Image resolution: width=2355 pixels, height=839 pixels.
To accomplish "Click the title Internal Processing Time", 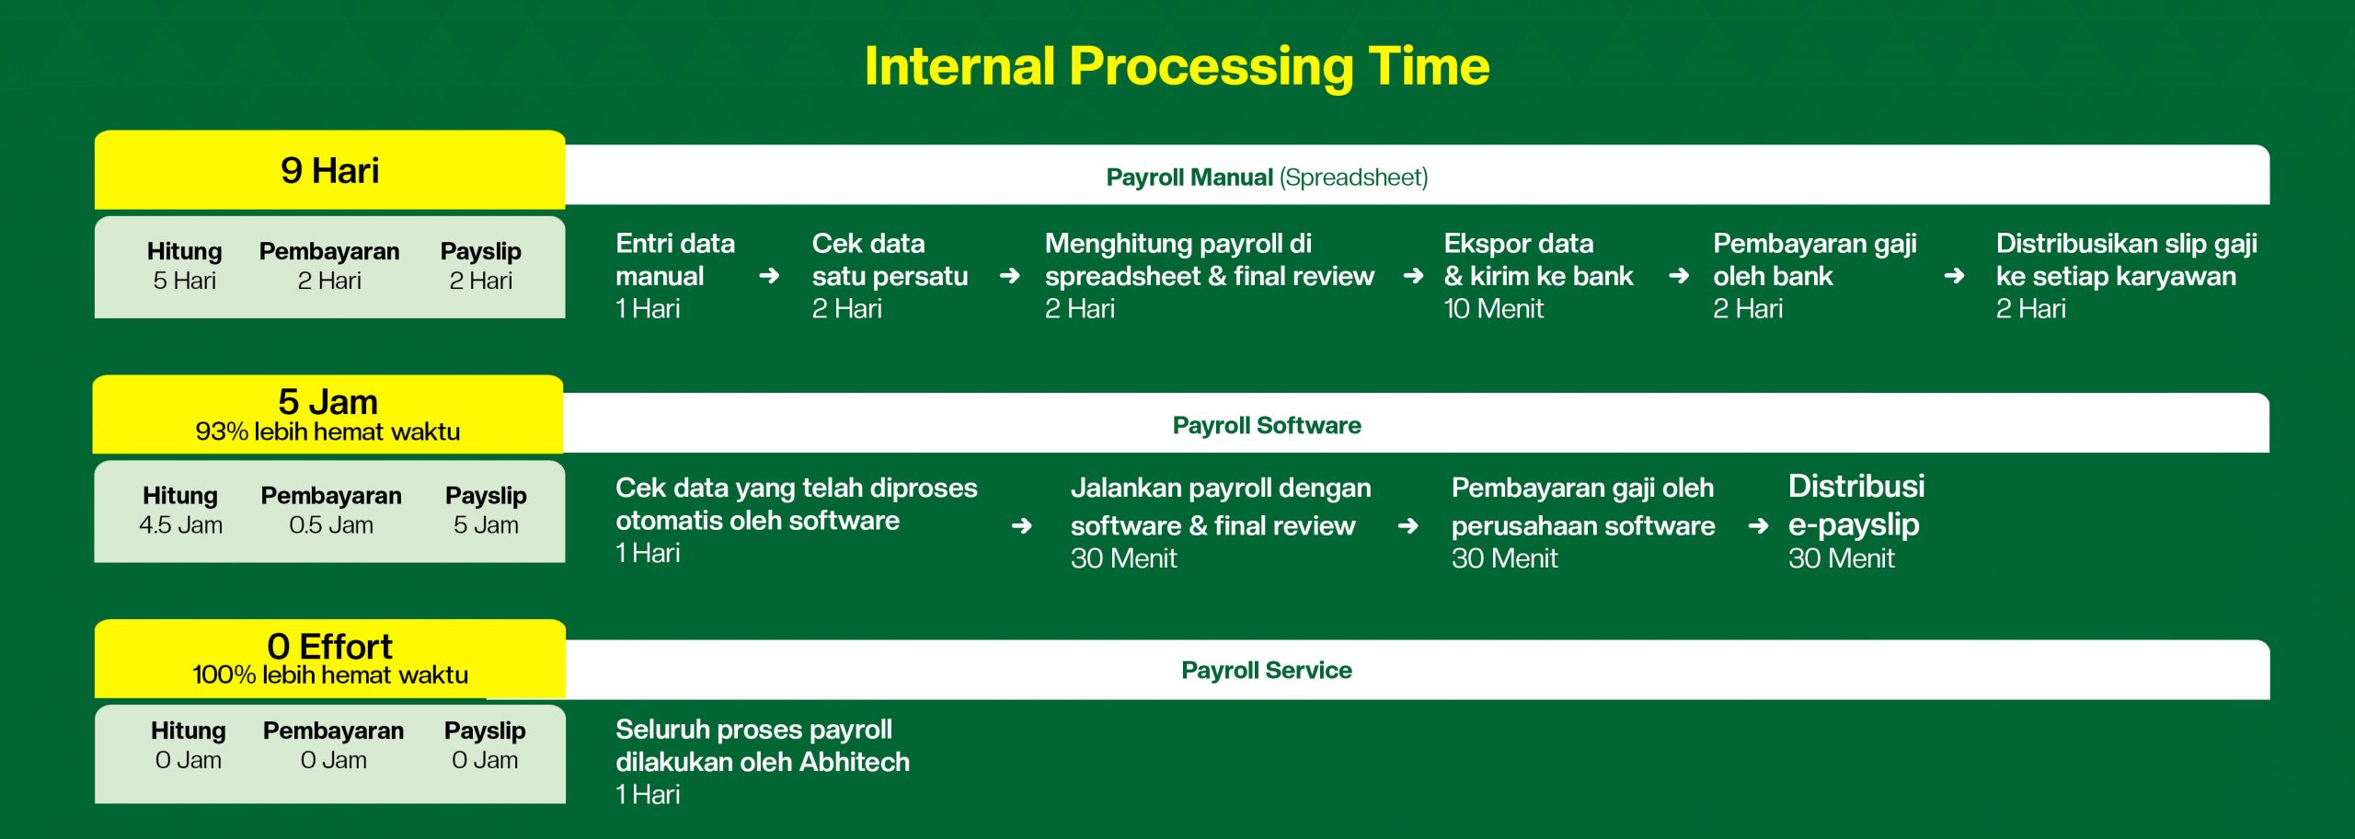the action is (1177, 66).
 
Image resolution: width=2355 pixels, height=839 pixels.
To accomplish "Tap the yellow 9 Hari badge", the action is (329, 170).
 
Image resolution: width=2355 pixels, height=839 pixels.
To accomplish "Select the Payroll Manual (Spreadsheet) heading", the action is (1267, 177).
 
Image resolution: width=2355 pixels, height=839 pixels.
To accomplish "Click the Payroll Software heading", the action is (1267, 425).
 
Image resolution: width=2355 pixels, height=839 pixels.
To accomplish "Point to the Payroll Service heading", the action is (1267, 670).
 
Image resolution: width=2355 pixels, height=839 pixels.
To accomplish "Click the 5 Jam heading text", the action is (328, 402).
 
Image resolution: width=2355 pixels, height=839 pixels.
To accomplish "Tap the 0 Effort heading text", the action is (329, 646).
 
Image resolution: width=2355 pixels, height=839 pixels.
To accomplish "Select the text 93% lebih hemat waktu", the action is (327, 431).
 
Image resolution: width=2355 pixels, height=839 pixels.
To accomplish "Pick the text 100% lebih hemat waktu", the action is (330, 675).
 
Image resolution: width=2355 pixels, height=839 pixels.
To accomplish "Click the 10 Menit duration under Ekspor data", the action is (1494, 309).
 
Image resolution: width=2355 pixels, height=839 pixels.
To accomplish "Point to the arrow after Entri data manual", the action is (770, 276).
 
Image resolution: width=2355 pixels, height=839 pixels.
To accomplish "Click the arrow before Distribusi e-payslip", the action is (1758, 525).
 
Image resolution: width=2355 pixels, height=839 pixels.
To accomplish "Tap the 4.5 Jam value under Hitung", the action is (180, 525).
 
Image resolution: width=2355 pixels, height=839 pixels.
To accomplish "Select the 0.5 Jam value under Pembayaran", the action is (331, 525).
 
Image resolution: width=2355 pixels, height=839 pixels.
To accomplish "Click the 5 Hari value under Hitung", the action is (185, 281).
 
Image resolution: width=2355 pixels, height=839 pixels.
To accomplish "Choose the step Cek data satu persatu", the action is (890, 259).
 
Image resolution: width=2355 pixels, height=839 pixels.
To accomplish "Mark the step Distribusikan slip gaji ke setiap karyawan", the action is (2127, 259).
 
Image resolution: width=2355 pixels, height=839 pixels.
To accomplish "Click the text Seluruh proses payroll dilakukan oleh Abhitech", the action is (763, 745).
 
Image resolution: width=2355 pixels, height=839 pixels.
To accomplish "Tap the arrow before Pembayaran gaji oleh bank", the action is (1679, 276).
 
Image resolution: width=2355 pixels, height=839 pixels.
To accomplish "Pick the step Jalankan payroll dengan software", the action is (1221, 506).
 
